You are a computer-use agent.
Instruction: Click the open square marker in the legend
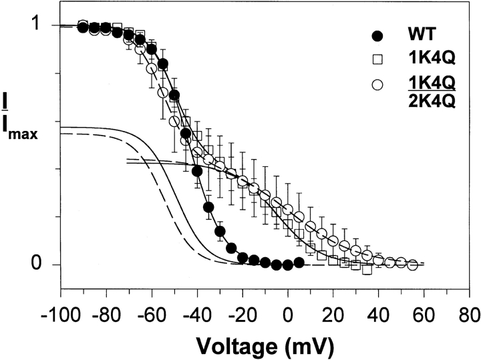pyautogui.click(x=379, y=60)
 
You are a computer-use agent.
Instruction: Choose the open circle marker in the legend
pyautogui.click(x=379, y=85)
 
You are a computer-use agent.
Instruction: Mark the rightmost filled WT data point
pyautogui.click(x=299, y=263)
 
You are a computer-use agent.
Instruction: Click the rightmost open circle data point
pyautogui.click(x=412, y=265)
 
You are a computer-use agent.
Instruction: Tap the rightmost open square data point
pyautogui.click(x=367, y=268)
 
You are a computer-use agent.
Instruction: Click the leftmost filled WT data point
pyautogui.click(x=83, y=27)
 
